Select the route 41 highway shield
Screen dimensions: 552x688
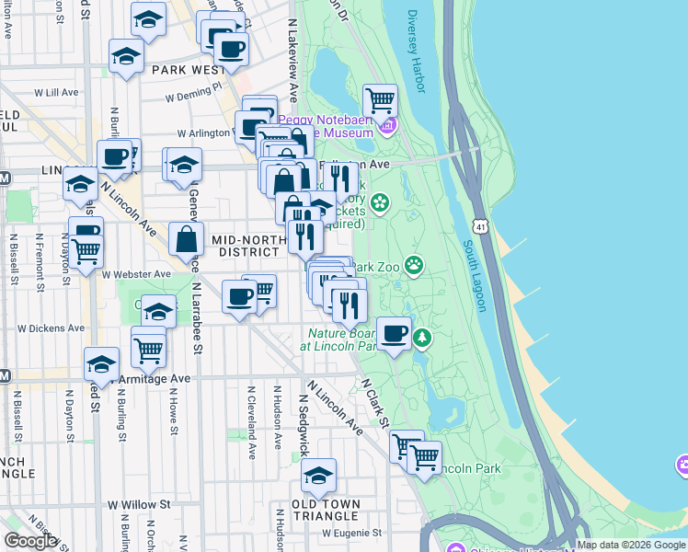[x=479, y=225]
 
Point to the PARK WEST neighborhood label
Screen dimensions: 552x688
[x=188, y=70]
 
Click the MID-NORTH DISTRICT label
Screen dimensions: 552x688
[x=245, y=246]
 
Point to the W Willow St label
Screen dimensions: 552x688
[x=139, y=505]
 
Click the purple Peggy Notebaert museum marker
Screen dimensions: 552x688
[x=390, y=125]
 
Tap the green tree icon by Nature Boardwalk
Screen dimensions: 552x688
[x=422, y=338]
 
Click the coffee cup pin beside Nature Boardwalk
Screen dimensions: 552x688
[x=394, y=335]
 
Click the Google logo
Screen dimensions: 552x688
[x=30, y=541]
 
